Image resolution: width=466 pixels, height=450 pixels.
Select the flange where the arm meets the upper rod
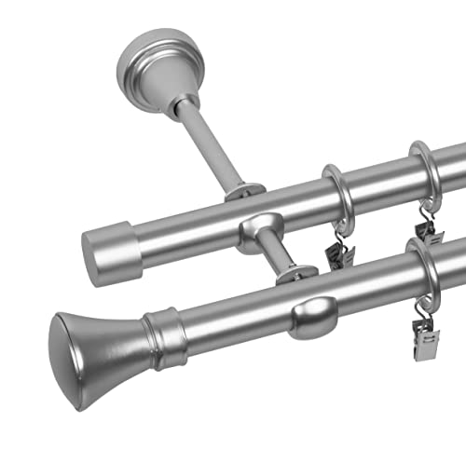(x=240, y=192)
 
